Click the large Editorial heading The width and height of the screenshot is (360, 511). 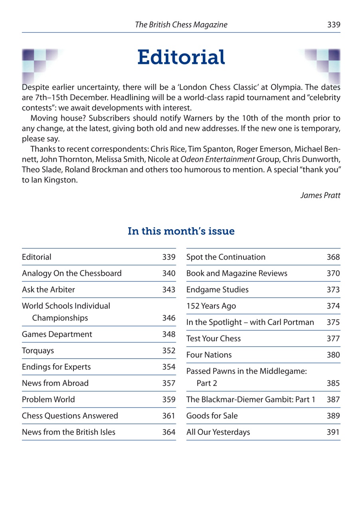pyautogui.click(x=181, y=57)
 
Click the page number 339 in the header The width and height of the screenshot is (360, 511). pyautogui.click(x=333, y=25)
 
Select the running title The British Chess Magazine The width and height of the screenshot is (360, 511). pyautogui.click(x=181, y=25)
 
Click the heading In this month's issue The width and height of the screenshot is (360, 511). pyautogui.click(x=181, y=231)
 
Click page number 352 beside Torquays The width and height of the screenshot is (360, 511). pyautogui.click(x=169, y=351)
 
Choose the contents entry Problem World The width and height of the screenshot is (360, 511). pyautogui.click(x=43, y=399)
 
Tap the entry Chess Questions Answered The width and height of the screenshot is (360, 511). pyautogui.click(x=70, y=416)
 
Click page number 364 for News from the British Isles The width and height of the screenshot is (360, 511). pyautogui.click(x=169, y=432)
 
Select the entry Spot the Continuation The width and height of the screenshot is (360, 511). pyautogui.click(x=225, y=257)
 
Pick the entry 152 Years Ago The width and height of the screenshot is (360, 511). pyautogui.click(x=211, y=306)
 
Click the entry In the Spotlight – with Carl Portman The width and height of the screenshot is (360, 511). pyautogui.click(x=250, y=323)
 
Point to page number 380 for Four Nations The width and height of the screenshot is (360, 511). pyautogui.click(x=333, y=355)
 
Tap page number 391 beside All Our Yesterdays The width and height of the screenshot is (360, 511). pyautogui.click(x=333, y=432)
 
